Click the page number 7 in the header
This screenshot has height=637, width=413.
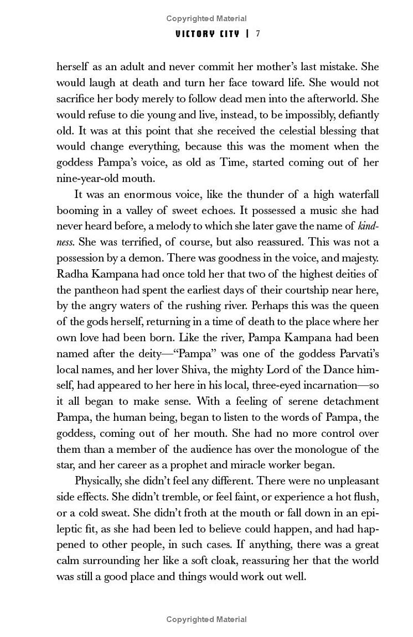258,34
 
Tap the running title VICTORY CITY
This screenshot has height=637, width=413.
208,34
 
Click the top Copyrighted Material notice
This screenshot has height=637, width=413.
206,19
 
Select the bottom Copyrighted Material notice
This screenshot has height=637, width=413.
206,619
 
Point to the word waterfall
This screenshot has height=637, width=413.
355,194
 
